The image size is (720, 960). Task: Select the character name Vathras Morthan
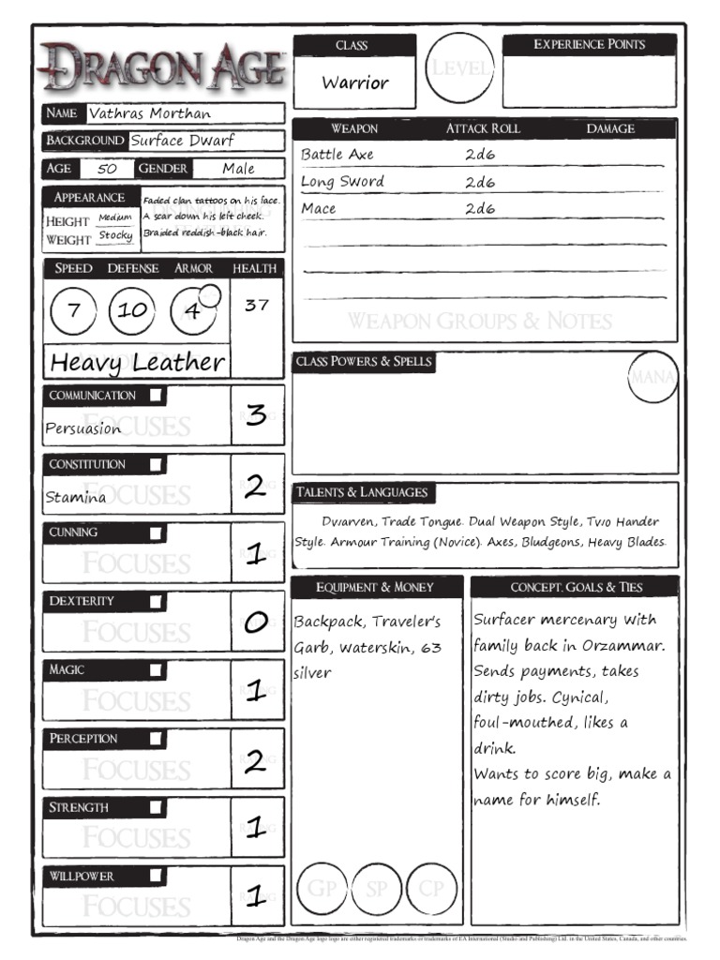click(x=150, y=113)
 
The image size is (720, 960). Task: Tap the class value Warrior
click(x=354, y=82)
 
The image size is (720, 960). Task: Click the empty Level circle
click(x=459, y=68)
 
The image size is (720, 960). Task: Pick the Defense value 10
click(x=132, y=311)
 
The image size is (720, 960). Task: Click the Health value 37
click(x=256, y=305)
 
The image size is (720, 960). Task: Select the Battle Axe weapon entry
click(x=337, y=155)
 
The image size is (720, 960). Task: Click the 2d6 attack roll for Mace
click(x=479, y=209)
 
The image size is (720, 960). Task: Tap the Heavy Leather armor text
click(x=138, y=362)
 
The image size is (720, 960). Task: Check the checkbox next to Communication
click(x=156, y=395)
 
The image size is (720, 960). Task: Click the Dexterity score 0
click(x=256, y=622)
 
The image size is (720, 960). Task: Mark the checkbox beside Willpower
click(x=156, y=876)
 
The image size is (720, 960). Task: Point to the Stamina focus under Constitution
click(x=76, y=498)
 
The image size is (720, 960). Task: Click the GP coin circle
click(x=322, y=889)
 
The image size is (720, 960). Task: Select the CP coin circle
click(x=432, y=889)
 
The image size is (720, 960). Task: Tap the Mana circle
click(x=652, y=377)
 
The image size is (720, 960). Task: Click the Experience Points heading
click(x=589, y=44)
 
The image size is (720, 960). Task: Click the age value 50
click(x=107, y=170)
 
